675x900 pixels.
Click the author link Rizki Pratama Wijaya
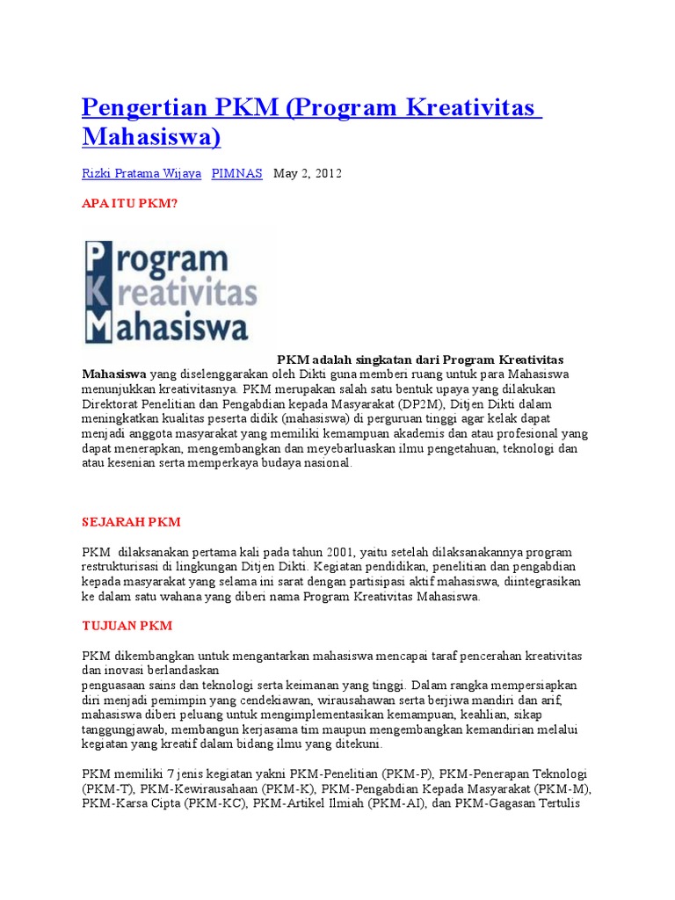(142, 173)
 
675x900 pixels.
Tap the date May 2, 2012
(308, 173)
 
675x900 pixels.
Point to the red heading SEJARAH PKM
(131, 521)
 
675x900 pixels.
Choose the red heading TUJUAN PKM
(127, 626)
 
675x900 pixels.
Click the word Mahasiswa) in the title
(151, 137)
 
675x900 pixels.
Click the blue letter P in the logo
(97, 260)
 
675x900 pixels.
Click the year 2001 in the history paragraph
(337, 552)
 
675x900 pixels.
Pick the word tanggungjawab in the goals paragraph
(122, 729)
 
